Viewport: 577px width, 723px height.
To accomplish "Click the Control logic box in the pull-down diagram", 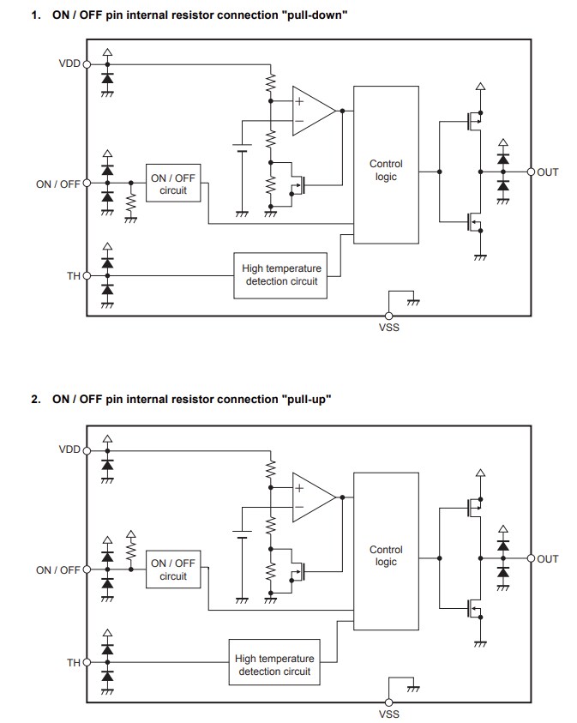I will (x=386, y=170).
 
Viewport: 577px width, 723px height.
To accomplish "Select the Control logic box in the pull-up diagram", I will (x=386, y=556).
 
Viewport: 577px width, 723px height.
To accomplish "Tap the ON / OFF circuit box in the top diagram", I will (x=173, y=184).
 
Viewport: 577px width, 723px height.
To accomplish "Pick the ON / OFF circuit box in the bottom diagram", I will (x=173, y=569).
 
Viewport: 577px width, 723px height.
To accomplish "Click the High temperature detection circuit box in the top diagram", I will (x=281, y=274).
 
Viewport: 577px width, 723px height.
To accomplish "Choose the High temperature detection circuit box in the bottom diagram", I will (x=274, y=665).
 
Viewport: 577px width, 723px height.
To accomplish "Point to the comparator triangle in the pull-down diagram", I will (x=311, y=110).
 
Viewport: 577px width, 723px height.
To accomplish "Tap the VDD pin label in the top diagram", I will (x=69, y=63).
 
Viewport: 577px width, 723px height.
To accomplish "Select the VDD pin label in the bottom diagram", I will (x=69, y=449).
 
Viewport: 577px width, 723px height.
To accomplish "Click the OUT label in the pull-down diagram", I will (x=548, y=172).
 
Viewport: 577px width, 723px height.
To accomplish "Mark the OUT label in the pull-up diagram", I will (x=548, y=558).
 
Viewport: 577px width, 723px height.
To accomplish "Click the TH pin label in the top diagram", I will (x=74, y=276).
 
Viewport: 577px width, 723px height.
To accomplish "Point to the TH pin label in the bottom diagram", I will (x=74, y=662).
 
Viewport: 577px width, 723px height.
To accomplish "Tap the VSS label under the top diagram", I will (x=388, y=328).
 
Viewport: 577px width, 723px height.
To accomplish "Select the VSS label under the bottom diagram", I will (x=388, y=714).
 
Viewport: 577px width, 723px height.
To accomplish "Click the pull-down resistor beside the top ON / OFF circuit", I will (x=130, y=202).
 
